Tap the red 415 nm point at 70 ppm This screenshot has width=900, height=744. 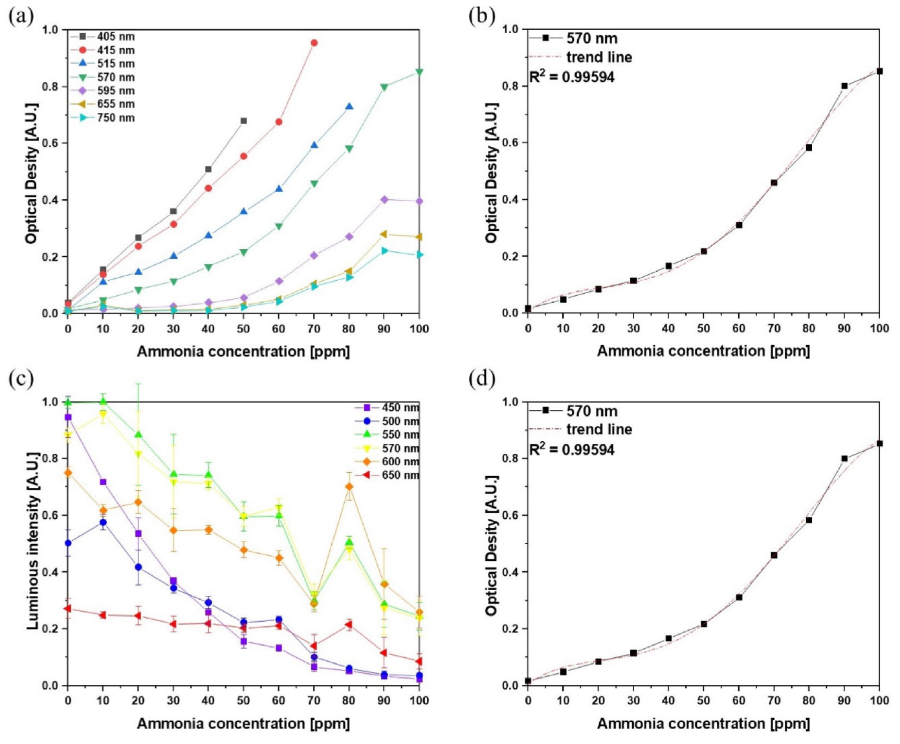(314, 43)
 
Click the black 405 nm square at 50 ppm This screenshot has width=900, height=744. (244, 121)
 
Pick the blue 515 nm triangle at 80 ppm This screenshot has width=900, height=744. (349, 107)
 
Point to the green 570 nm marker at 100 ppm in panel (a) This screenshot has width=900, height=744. (419, 72)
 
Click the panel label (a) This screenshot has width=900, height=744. (21, 16)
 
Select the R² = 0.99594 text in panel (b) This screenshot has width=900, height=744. (572, 77)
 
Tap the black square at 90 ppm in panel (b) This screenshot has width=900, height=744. (844, 86)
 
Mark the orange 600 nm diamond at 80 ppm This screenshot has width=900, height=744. (349, 487)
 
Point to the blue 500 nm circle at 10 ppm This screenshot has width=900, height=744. (103, 522)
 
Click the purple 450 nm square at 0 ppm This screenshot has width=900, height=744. (68, 417)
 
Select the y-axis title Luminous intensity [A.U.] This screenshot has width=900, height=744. (32, 541)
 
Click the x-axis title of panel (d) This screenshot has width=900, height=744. (703, 723)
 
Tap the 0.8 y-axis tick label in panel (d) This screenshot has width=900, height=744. (510, 458)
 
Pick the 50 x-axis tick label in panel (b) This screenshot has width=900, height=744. (703, 328)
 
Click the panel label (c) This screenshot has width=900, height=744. (21, 378)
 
